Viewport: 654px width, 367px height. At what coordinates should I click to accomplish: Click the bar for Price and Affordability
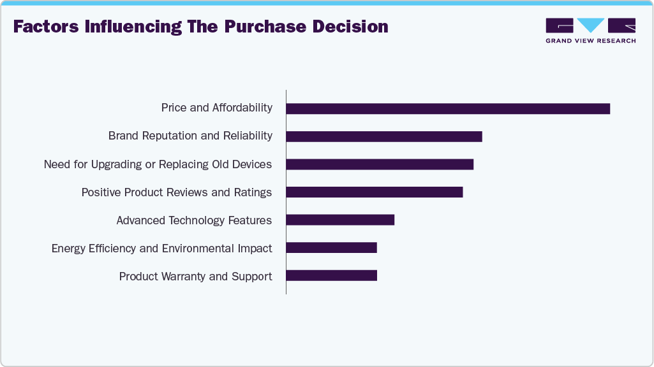pyautogui.click(x=448, y=108)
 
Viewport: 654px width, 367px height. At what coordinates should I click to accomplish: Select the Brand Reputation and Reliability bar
pyautogui.click(x=384, y=136)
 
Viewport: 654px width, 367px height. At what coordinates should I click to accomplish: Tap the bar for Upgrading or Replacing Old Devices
pyautogui.click(x=380, y=164)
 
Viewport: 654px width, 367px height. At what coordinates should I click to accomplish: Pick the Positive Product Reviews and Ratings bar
pyautogui.click(x=374, y=192)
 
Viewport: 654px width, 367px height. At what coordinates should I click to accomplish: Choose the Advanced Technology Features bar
pyautogui.click(x=340, y=220)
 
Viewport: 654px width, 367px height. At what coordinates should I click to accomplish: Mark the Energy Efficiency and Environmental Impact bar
pyautogui.click(x=331, y=248)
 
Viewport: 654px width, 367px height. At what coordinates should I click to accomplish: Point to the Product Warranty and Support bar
pyautogui.click(x=331, y=275)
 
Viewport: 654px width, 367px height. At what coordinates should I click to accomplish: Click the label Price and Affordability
pyautogui.click(x=217, y=108)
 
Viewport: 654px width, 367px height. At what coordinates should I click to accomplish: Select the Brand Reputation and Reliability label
pyautogui.click(x=190, y=136)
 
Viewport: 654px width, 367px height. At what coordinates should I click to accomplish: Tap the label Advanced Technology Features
pyautogui.click(x=194, y=220)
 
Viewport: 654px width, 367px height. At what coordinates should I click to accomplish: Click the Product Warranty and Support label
pyautogui.click(x=195, y=277)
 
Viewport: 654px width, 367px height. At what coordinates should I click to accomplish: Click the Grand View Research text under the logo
pyautogui.click(x=590, y=41)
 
